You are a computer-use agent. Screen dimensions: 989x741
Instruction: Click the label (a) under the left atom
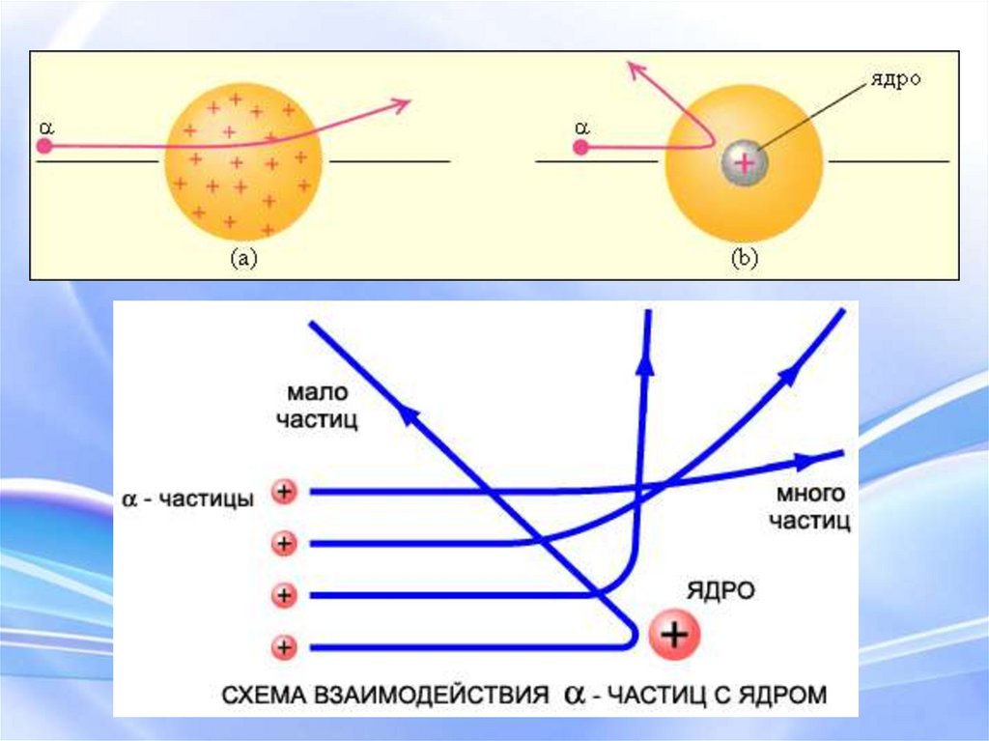click(x=242, y=258)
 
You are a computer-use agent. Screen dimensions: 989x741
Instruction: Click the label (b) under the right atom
click(x=744, y=258)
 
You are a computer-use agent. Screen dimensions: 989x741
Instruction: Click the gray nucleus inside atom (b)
click(x=744, y=162)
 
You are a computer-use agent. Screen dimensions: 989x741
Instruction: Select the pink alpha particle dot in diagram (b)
click(x=579, y=148)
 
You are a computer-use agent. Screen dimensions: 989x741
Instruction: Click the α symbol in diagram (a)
click(x=44, y=126)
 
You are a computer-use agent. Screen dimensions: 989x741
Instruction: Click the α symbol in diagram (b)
click(x=579, y=127)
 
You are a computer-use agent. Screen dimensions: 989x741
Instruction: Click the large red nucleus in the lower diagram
click(x=674, y=634)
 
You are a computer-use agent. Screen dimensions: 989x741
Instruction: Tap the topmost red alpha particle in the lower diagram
click(x=284, y=493)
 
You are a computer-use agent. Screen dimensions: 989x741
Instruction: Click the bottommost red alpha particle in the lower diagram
click(x=284, y=645)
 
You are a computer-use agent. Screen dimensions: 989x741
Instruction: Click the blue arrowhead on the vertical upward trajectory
click(x=644, y=363)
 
